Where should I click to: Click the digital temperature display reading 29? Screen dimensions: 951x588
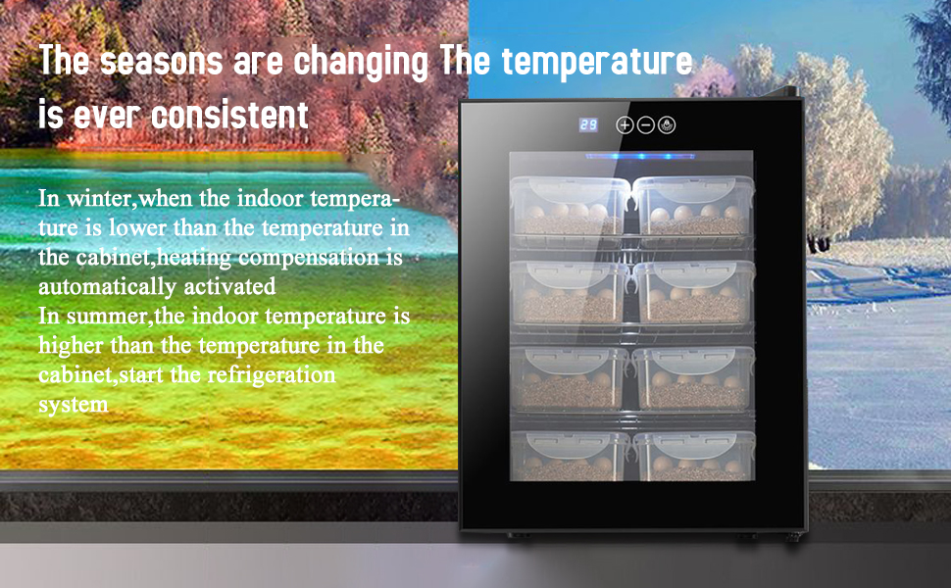tap(588, 124)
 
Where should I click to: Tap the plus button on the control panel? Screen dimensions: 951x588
tap(625, 124)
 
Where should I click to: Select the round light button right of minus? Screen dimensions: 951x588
tap(667, 124)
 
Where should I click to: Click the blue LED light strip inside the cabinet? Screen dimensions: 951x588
tap(640, 157)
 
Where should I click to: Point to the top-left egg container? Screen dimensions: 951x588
tap(569, 206)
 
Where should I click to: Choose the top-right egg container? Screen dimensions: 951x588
tap(693, 206)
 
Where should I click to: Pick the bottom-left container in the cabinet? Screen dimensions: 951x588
tap(569, 456)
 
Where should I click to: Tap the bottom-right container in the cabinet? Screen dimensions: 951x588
tap(693, 456)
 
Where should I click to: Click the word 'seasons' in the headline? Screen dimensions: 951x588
tap(162, 61)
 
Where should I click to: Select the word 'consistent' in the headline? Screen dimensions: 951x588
tap(229, 115)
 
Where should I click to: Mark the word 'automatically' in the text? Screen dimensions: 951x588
tap(107, 286)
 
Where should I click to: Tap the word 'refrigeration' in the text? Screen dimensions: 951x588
tap(271, 375)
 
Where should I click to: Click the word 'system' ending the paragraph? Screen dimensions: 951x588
tap(74, 405)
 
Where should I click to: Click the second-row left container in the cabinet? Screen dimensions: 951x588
tap(569, 292)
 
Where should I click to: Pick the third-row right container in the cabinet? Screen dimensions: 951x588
tap(693, 377)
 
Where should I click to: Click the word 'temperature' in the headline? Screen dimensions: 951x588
tap(597, 61)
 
